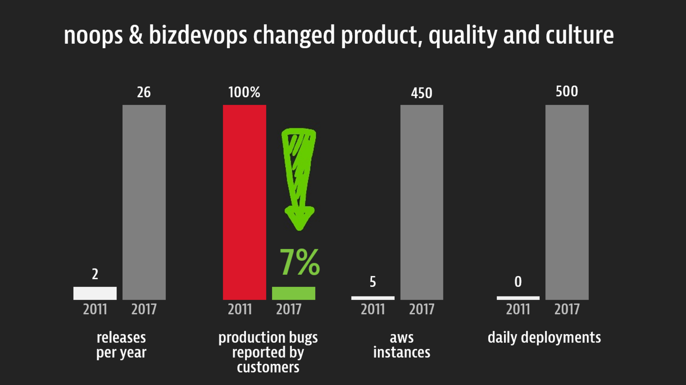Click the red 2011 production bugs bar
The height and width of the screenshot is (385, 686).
click(244, 202)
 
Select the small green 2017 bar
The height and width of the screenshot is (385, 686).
click(293, 293)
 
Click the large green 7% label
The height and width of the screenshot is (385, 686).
click(299, 263)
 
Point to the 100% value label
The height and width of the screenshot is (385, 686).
click(244, 92)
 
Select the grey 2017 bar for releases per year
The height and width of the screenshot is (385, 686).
click(144, 202)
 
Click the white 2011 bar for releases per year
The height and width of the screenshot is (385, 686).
click(95, 293)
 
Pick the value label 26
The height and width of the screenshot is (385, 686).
click(144, 92)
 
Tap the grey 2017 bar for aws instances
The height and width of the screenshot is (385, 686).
click(422, 202)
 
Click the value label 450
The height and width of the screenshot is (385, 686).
click(422, 92)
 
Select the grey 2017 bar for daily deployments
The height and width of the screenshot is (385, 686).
click(567, 202)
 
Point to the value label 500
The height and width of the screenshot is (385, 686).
click(567, 91)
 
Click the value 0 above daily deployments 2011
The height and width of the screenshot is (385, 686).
click(518, 282)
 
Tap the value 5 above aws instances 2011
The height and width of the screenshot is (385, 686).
click(373, 282)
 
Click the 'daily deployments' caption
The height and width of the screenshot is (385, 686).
click(544, 337)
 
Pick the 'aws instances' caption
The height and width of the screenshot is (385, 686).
click(401, 345)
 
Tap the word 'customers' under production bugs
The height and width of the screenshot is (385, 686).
click(268, 368)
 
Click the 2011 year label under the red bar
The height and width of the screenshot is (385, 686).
click(240, 309)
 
